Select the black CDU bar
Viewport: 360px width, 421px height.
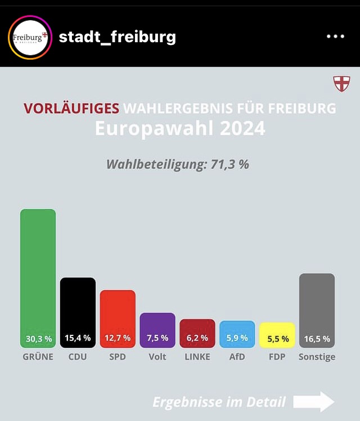(78, 307)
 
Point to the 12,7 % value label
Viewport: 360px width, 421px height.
(118, 338)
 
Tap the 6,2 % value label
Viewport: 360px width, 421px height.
(197, 338)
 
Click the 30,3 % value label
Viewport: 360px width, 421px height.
(38, 339)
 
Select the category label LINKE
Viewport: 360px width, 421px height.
(197, 357)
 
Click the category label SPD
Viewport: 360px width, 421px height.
(118, 357)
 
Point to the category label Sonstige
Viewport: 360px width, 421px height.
(317, 357)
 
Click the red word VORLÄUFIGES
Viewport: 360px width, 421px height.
(71, 108)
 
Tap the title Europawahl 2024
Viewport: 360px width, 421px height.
(180, 128)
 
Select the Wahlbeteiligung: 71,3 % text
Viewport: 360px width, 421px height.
(178, 165)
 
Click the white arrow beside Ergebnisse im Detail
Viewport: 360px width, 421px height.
(314, 402)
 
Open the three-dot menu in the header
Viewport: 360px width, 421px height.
(335, 37)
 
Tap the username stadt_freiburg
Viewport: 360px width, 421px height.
(118, 37)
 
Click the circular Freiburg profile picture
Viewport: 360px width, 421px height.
(30, 38)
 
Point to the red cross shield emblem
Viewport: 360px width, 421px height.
(341, 84)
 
